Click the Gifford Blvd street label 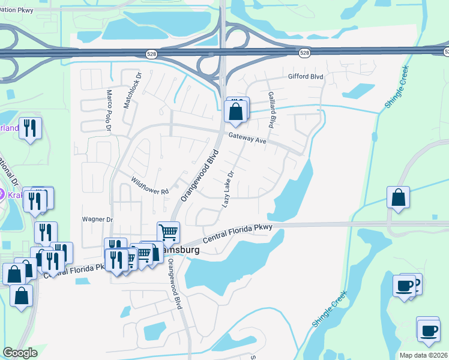[x=306, y=77]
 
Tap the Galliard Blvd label [x=271, y=110]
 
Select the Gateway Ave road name [x=247, y=140]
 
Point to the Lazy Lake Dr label [x=228, y=189]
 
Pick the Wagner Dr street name [x=97, y=220]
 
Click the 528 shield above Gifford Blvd [x=305, y=53]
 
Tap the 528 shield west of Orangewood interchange [x=152, y=54]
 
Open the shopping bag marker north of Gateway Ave [x=235, y=112]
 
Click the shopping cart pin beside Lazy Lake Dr [x=169, y=231]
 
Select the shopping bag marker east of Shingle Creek [x=398, y=197]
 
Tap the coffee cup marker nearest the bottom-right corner [x=428, y=331]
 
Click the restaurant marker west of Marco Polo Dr [x=30, y=128]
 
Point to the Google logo [x=20, y=353]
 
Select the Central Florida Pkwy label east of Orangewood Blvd [x=238, y=234]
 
